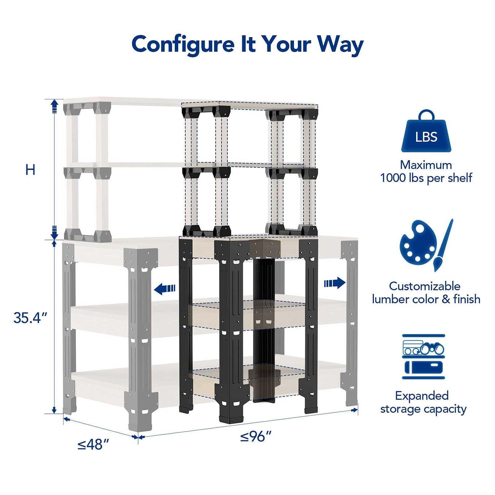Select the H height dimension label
click(30, 170)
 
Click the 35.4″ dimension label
click(30, 318)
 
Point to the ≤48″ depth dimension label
click(93, 445)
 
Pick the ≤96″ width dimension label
click(256, 437)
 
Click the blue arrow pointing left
click(165, 289)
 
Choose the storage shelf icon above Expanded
click(423, 356)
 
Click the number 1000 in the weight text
click(394, 178)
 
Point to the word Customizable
click(424, 286)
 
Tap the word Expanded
click(422, 396)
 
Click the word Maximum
click(426, 165)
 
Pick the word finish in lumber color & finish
click(467, 299)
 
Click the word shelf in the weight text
click(460, 178)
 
